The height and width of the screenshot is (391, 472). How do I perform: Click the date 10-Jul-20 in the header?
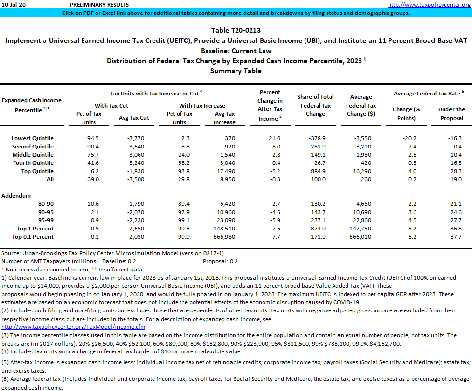coord(14,4)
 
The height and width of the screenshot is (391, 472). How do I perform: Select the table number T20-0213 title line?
coord(236,30)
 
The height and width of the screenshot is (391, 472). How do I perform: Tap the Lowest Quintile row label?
coord(33,138)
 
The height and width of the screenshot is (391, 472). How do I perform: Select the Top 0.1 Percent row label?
coord(35,237)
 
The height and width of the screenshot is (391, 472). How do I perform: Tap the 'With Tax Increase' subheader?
coord(202,106)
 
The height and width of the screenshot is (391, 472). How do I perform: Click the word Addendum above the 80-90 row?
coord(16,196)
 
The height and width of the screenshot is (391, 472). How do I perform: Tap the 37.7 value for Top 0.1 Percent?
coord(455,237)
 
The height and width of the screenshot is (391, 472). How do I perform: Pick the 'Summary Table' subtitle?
coord(236,71)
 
